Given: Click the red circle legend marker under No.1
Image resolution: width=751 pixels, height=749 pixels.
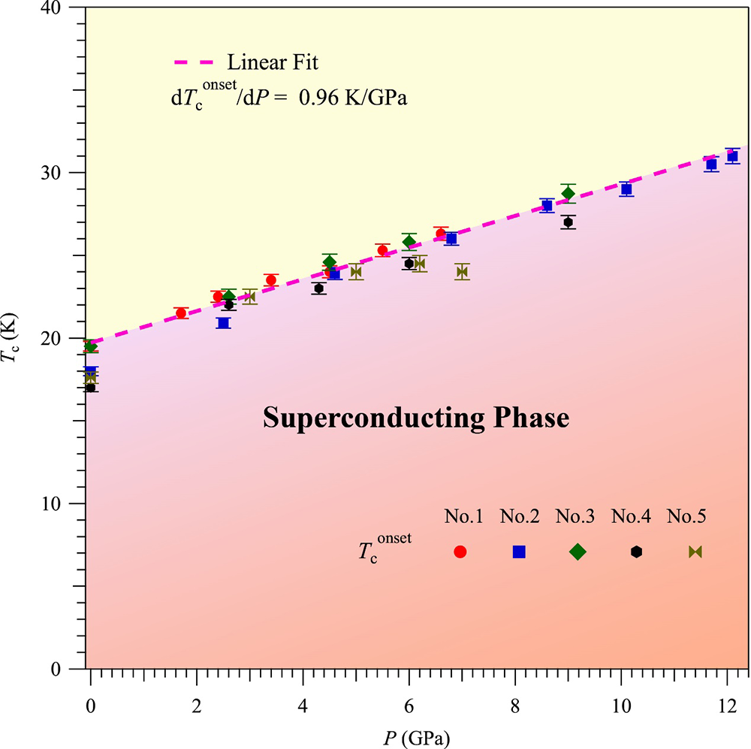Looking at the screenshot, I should pos(460,551).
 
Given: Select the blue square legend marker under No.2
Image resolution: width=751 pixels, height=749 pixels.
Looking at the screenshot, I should pos(519,551).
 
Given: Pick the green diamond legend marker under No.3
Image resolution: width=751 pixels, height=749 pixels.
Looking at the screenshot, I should pos(578,551).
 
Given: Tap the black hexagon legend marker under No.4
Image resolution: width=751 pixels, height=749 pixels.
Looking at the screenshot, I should pos(637,551).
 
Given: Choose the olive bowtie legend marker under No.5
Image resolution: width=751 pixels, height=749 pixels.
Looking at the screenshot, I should pos(695,551).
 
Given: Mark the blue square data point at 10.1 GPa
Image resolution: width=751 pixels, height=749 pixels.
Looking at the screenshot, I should pos(626,189).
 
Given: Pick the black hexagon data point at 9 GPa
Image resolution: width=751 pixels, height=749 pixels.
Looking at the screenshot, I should pos(569,222).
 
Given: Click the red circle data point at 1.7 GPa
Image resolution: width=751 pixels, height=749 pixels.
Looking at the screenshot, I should pos(181,313).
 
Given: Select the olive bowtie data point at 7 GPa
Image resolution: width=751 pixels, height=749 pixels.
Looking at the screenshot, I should pos(462,272).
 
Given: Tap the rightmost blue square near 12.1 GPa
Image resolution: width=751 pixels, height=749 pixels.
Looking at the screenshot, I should pos(732,156).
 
